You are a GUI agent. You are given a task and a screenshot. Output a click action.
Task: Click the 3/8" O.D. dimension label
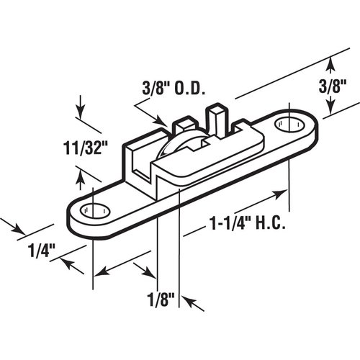(x=173, y=91)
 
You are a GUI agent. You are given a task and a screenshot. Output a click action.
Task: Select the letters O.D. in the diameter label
(x=191, y=91)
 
